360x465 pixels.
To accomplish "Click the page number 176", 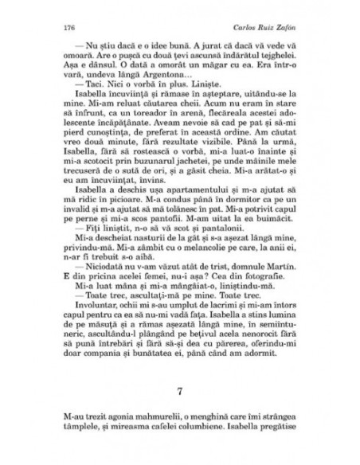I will [56, 26].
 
